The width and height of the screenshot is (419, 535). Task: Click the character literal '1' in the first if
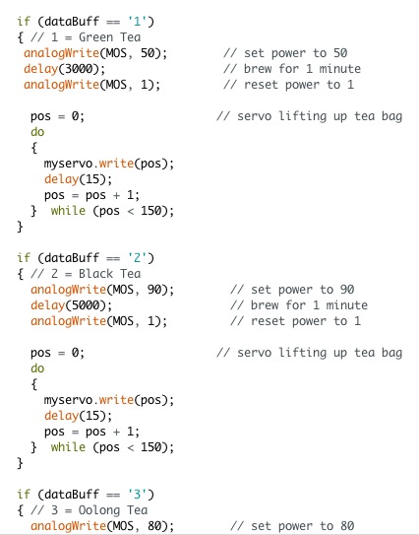(137, 22)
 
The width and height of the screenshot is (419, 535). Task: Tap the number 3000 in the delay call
(79, 69)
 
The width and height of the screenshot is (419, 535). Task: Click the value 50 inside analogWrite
(148, 53)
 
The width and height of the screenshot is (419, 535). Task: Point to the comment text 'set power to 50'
(296, 53)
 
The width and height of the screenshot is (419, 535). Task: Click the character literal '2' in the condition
(137, 258)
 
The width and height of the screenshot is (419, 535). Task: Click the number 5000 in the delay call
(86, 305)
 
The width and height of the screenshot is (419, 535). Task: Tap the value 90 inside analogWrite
(154, 290)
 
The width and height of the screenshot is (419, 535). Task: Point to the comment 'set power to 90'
(303, 290)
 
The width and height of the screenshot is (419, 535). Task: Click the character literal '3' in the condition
(137, 495)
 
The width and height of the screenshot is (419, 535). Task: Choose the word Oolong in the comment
(99, 510)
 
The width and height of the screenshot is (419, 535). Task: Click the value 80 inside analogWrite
(154, 526)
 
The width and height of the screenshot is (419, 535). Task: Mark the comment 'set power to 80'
(303, 526)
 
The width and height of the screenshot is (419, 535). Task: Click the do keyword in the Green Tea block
(37, 132)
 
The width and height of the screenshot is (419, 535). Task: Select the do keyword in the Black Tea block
(37, 368)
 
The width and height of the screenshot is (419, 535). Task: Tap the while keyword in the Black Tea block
(68, 447)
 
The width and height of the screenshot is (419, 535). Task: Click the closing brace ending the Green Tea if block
(20, 227)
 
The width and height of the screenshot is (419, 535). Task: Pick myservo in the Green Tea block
(68, 164)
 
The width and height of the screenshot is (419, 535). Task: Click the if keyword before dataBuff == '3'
(24, 495)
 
